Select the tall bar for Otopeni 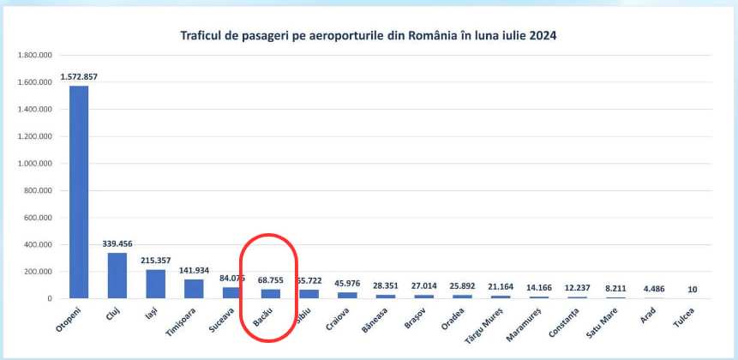[79, 192]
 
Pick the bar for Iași [155, 284]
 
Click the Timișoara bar [194, 289]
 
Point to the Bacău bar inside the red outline [271, 293]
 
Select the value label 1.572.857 [79, 77]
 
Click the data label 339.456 [117, 244]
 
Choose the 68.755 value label [271, 279]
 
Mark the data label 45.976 [347, 284]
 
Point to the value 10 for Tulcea [691, 289]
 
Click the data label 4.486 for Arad [653, 288]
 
